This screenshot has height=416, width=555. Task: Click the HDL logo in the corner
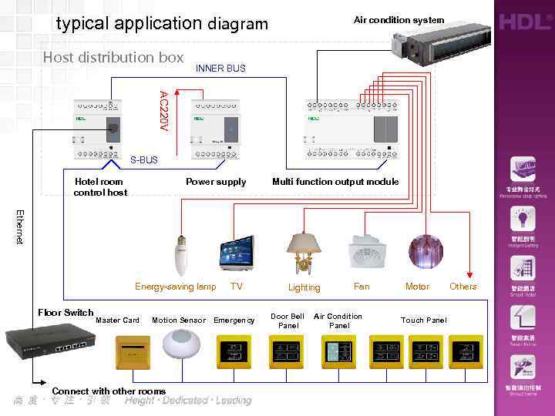[x=524, y=21]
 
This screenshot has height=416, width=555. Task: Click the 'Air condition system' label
[x=399, y=20]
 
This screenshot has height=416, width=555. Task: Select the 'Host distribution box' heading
[x=113, y=57]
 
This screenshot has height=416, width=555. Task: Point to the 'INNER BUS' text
[x=220, y=69]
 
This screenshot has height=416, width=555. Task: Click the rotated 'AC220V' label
[x=163, y=110]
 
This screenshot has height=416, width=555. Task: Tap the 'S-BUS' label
[x=143, y=160]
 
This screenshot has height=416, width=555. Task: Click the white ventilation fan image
[x=361, y=252]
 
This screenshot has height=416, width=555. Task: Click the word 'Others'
[x=463, y=287]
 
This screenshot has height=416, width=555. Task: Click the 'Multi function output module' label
[x=335, y=182]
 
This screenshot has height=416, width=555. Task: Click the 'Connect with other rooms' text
[x=109, y=391]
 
